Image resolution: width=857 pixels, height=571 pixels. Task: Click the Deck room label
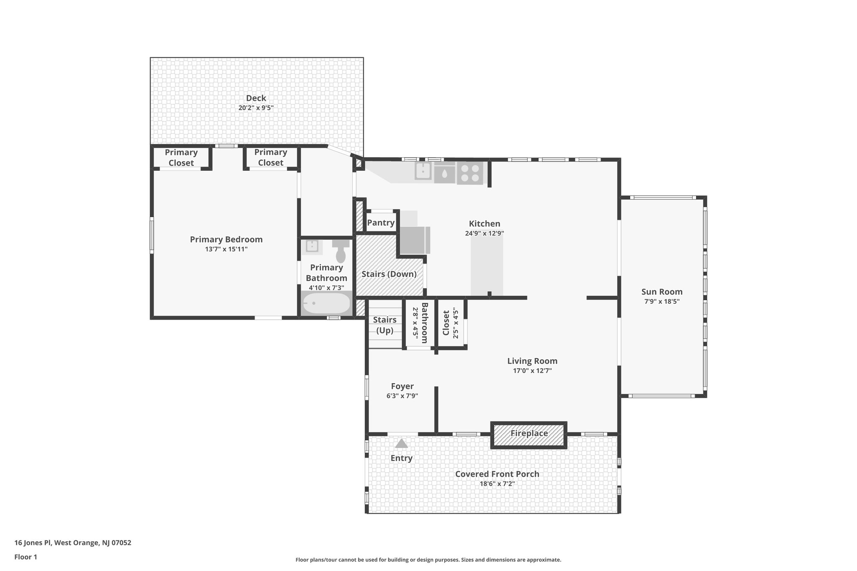pyautogui.click(x=256, y=98)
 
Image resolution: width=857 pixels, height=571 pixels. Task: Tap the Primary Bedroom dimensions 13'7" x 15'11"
pyautogui.click(x=226, y=249)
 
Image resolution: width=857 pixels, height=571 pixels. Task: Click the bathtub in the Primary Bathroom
pyautogui.click(x=326, y=303)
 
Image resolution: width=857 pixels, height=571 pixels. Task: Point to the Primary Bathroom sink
pyautogui.click(x=312, y=246)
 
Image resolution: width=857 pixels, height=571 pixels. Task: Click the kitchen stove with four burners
pyautogui.click(x=470, y=173)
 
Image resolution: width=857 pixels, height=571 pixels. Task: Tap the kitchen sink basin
pyautogui.click(x=423, y=171)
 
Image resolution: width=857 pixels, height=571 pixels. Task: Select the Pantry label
pyautogui.click(x=380, y=223)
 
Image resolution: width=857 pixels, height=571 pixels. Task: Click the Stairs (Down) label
pyautogui.click(x=389, y=274)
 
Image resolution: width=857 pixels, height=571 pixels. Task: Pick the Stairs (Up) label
pyautogui.click(x=385, y=325)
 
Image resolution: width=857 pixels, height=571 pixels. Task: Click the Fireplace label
pyautogui.click(x=529, y=433)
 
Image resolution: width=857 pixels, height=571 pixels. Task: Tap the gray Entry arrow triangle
pyautogui.click(x=401, y=443)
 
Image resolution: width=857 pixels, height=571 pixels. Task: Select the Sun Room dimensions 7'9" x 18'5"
pyautogui.click(x=662, y=302)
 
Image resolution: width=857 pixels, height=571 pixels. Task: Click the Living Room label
pyautogui.click(x=532, y=361)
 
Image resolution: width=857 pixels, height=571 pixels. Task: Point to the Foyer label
pyautogui.click(x=402, y=387)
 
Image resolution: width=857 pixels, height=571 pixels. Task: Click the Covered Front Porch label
pyautogui.click(x=497, y=474)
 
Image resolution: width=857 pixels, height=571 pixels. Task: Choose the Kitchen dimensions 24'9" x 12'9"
pyautogui.click(x=484, y=234)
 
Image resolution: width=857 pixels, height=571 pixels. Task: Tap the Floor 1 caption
pyautogui.click(x=26, y=557)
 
